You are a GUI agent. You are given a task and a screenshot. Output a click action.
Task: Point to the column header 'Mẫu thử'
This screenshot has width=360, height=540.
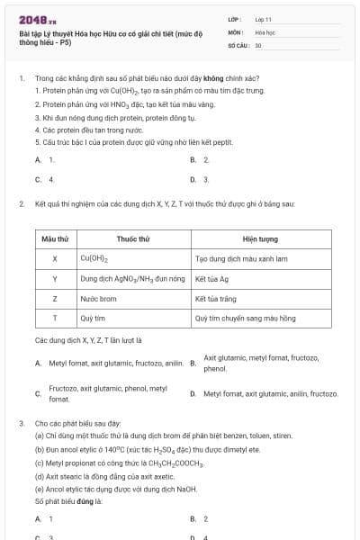[x=55, y=238]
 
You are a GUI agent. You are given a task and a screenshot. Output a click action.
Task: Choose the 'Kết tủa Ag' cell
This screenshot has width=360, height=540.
[x=212, y=279]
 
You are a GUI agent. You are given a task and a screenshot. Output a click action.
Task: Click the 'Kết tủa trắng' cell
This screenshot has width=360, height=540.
[x=215, y=298]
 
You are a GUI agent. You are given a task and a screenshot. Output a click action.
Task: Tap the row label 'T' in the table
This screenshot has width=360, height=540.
[x=55, y=318]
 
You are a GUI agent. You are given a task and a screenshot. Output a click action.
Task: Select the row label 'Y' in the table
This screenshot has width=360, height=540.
[x=55, y=279]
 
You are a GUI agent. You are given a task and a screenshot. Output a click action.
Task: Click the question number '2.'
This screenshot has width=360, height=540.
[x=21, y=204]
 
